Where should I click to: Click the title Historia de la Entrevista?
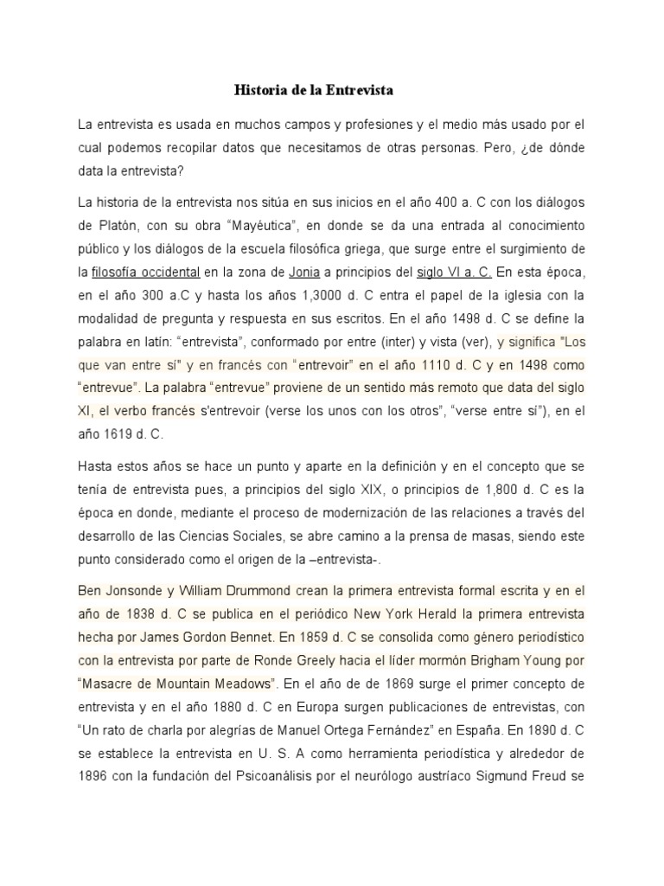tap(315, 89)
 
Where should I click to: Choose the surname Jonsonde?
tap(137, 592)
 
